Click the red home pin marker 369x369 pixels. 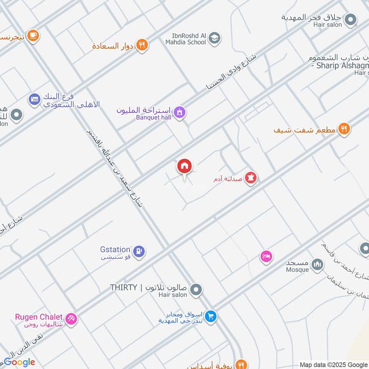(184, 167)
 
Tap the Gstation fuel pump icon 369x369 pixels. (140, 251)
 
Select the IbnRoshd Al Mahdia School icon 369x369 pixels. (214, 38)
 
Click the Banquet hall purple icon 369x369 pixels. (180, 112)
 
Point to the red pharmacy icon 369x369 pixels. (250, 178)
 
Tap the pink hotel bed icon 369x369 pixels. (266, 256)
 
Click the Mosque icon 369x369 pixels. (317, 264)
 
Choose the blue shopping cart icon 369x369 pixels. (211, 316)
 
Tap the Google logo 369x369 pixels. (19, 362)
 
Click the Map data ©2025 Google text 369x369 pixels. (333, 364)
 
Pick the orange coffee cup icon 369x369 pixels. (33, 35)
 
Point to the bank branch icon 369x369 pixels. (35, 98)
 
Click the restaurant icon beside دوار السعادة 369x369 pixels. (143, 45)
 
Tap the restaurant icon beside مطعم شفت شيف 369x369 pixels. (344, 130)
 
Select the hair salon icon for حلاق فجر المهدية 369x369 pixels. (351, 20)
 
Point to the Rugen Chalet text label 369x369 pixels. (38, 317)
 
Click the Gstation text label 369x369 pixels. (115, 250)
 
